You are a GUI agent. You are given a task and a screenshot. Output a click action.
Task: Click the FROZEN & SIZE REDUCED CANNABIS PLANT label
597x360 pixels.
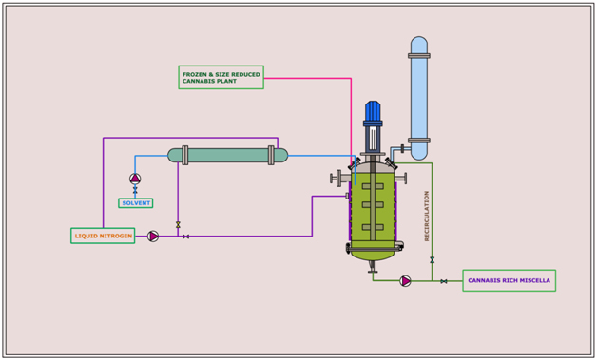point(221,78)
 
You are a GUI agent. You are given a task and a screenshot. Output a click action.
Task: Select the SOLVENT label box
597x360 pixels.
point(135,202)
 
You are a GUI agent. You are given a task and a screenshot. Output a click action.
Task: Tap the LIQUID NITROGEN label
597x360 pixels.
point(103,236)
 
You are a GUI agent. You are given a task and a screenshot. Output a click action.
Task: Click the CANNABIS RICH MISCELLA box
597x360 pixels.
point(509,280)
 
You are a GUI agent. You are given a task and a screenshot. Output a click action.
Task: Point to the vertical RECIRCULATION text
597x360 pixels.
point(427,216)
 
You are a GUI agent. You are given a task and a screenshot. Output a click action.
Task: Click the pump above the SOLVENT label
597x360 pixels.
point(135,179)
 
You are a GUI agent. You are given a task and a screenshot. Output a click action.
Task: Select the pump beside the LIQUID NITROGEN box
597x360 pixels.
point(153,236)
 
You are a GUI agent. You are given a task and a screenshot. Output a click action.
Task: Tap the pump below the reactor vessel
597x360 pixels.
point(405,280)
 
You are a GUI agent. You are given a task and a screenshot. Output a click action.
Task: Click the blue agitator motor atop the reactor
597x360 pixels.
point(373,111)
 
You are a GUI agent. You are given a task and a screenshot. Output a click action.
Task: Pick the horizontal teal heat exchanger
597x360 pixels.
point(228,155)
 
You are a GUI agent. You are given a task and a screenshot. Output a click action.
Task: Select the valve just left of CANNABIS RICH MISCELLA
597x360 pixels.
point(444,280)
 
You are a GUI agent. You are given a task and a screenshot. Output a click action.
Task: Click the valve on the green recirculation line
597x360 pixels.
point(433,259)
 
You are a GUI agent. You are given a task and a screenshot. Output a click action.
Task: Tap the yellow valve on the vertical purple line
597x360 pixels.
point(178,225)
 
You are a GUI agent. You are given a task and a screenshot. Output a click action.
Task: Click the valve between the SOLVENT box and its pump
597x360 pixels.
point(135,191)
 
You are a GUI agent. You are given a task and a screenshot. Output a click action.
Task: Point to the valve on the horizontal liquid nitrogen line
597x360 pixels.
point(185,236)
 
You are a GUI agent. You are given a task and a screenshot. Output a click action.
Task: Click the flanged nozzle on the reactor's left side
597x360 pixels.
point(338,178)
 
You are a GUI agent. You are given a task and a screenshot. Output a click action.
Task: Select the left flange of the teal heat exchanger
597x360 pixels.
point(184,155)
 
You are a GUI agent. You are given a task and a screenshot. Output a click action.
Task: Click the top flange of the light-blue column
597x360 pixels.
point(419,56)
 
